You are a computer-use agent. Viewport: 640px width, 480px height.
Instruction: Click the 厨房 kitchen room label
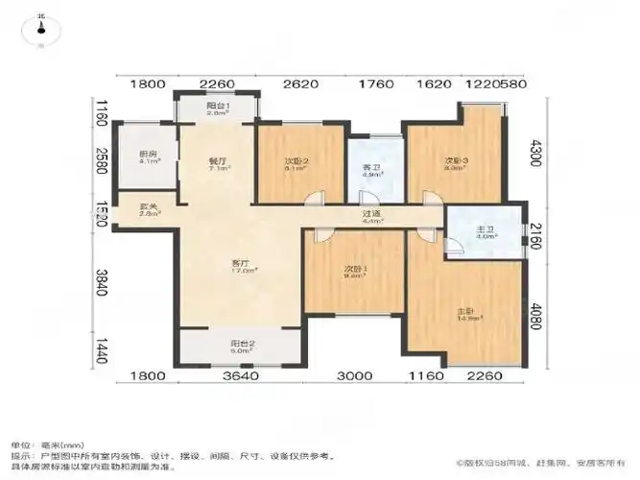point(147,156)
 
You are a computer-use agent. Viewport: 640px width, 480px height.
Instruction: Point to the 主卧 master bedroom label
point(466,312)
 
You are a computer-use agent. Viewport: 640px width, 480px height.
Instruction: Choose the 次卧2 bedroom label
point(295,162)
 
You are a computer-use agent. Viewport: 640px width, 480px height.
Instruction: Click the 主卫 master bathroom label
point(486,230)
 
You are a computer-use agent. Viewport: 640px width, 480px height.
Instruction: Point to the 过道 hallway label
point(372,216)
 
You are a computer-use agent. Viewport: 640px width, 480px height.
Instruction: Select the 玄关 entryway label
point(147,208)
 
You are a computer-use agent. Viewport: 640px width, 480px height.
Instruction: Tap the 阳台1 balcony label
point(217,107)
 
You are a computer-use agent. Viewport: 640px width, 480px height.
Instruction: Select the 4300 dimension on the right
point(537,154)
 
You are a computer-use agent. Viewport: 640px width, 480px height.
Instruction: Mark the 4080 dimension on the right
point(537,317)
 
